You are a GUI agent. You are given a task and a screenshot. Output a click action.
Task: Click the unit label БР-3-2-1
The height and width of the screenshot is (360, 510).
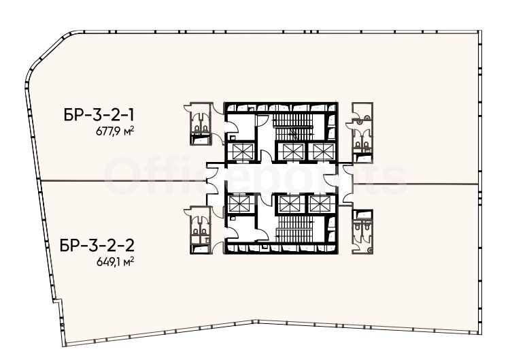(x=99, y=115)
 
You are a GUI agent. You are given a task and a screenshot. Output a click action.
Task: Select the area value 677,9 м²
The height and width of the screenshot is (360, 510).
(x=115, y=131)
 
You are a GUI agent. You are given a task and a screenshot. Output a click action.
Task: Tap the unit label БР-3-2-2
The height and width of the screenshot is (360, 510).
(x=97, y=246)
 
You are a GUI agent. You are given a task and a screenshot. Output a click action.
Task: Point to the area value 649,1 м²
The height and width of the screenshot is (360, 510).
(x=116, y=262)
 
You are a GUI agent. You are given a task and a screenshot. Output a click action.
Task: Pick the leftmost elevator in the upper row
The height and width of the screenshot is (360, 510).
(x=241, y=151)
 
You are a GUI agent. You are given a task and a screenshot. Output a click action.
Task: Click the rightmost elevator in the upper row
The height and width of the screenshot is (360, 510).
(x=323, y=151)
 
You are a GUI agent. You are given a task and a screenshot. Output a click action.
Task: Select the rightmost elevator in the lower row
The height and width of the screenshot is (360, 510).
(x=320, y=204)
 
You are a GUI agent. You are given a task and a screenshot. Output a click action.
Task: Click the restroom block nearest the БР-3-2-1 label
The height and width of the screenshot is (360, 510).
(x=201, y=124)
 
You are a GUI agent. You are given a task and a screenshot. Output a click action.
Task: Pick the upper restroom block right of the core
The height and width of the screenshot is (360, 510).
(x=362, y=133)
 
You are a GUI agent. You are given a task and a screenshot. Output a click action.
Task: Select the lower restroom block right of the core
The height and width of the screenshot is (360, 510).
(x=362, y=231)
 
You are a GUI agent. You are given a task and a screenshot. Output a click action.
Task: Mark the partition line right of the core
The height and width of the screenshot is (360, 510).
(x=415, y=184)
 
